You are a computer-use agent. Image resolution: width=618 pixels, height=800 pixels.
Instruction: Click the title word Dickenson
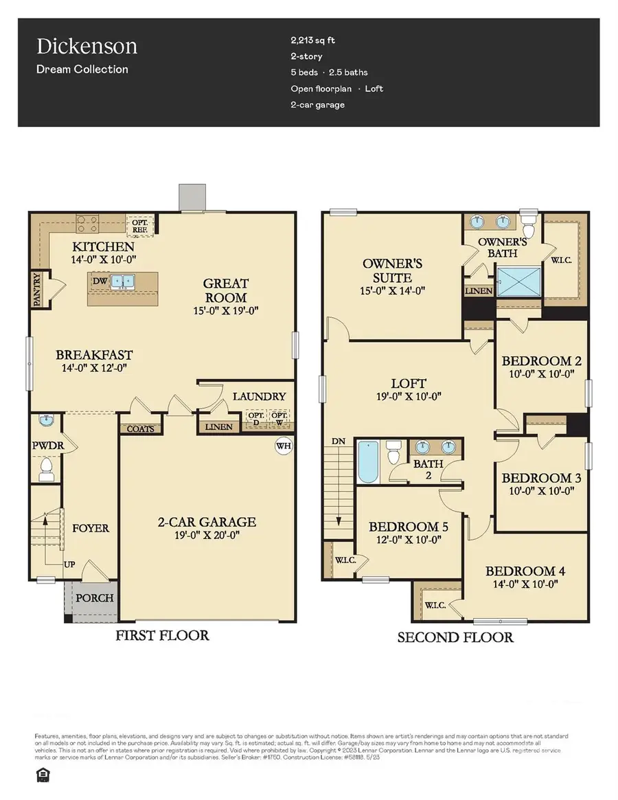click(x=87, y=47)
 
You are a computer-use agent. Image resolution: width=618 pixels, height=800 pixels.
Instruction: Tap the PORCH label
click(x=94, y=597)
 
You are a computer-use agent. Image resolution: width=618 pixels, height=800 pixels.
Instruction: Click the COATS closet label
click(x=141, y=428)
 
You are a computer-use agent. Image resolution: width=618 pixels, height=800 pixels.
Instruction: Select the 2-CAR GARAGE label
click(x=205, y=522)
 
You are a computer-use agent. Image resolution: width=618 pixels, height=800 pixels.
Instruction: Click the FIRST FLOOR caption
click(x=163, y=635)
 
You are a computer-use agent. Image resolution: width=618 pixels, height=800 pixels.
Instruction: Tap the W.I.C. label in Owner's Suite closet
click(x=561, y=260)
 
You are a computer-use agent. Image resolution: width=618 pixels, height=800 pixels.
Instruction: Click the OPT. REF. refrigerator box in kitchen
click(x=141, y=224)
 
